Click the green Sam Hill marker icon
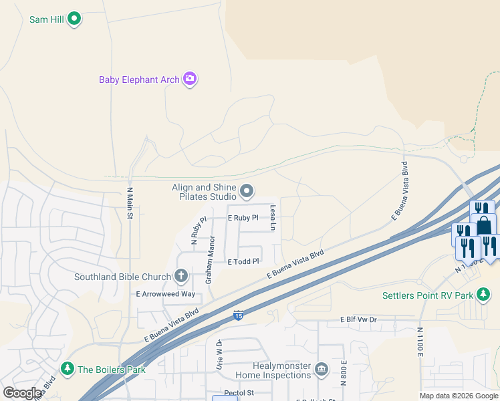75,19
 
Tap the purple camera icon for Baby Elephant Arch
190,80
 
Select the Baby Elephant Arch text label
139,80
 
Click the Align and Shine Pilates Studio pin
247,192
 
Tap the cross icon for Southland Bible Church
180,275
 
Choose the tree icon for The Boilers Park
67,368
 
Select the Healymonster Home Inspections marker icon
321,370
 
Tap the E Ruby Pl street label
243,218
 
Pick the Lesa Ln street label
273,218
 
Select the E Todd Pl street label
243,261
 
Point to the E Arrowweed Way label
165,294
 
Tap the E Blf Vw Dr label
358,320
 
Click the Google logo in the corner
22,393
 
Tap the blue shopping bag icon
483,225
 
